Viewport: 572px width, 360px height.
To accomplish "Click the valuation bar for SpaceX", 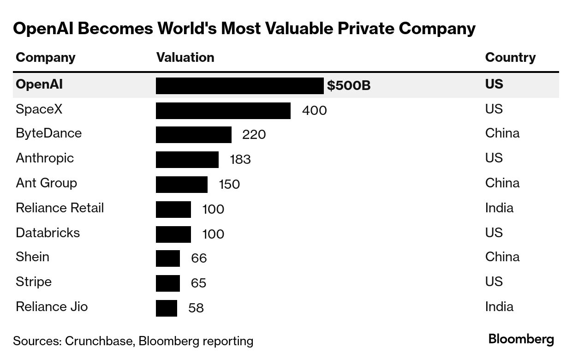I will (223, 111).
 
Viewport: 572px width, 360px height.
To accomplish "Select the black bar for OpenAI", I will (240, 86).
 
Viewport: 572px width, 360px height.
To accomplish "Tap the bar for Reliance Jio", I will (167, 308).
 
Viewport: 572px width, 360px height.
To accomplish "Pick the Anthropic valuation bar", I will (187, 160).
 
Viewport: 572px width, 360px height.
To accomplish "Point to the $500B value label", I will (349, 86).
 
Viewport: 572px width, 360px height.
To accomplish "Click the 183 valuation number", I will (240, 160).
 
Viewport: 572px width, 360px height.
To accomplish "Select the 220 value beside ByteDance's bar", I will (254, 135).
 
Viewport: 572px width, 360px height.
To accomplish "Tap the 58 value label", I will (196, 308).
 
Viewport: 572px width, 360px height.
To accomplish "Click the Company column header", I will (45, 57).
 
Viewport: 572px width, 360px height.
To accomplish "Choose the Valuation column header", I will (185, 57).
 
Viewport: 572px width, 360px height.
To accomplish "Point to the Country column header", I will (510, 57).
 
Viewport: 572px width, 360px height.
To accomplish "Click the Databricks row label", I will (48, 232).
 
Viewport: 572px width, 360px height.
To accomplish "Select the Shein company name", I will (32, 257).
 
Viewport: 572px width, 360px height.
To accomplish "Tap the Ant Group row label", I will (46, 183).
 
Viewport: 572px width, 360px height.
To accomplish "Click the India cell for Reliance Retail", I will (499, 208).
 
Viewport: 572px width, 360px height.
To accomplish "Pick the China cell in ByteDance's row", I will (502, 133).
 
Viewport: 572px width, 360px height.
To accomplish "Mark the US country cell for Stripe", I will (494, 282).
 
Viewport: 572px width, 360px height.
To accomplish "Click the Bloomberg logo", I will (521, 339).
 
